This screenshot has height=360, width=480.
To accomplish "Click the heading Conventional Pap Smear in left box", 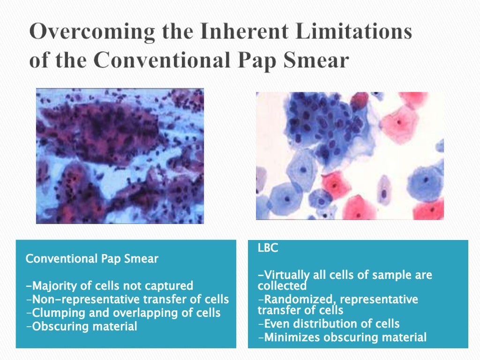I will pyautogui.click(x=92, y=259).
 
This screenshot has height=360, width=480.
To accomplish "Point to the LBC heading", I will pyautogui.click(x=268, y=248).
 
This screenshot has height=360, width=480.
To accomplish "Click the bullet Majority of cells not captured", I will pyautogui.click(x=109, y=285).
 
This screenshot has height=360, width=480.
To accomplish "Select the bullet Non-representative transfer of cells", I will pyautogui.click(x=127, y=299).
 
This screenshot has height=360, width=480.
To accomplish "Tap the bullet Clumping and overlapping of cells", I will pyautogui.click(x=123, y=313).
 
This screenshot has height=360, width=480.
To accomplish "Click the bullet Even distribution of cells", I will pyautogui.click(x=329, y=323).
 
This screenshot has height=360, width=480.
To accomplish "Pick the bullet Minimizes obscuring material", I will pyautogui.click(x=342, y=337).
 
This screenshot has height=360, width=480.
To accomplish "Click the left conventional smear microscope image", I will pyautogui.click(x=120, y=156).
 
